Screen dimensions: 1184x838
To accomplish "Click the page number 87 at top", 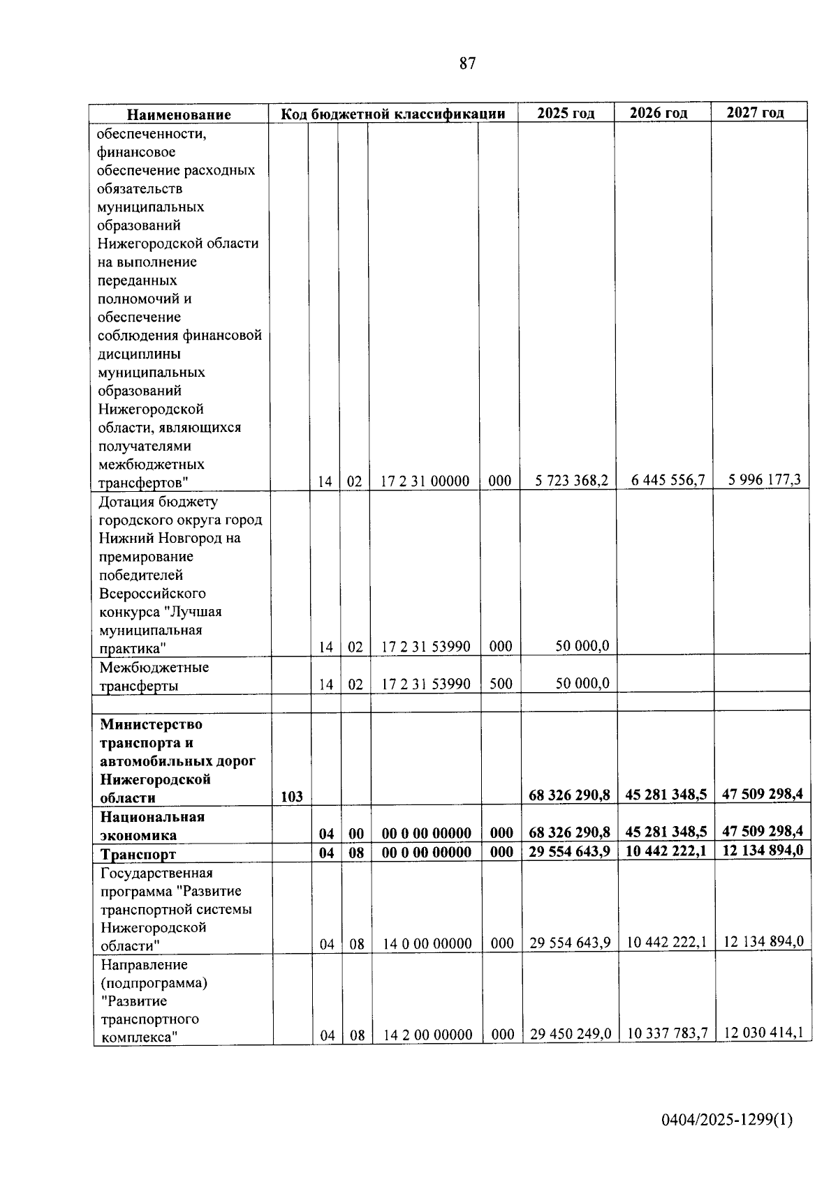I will click(468, 63).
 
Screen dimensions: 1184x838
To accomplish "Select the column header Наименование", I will click(179, 114).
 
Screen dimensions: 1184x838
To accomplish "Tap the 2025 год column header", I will click(566, 113).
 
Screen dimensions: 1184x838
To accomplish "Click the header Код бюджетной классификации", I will click(393, 114).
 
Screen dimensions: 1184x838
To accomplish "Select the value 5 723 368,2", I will click(572, 480).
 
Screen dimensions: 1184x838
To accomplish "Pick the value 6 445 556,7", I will click(668, 479).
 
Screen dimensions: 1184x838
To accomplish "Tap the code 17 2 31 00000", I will click(425, 481).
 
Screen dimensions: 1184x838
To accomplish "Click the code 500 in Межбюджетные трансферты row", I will click(501, 684).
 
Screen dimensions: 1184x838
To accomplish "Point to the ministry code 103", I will click(292, 797).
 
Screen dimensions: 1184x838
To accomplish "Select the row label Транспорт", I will click(138, 854).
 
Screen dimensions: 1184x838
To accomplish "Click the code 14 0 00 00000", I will click(427, 944).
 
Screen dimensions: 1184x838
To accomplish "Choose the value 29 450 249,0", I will click(571, 1033).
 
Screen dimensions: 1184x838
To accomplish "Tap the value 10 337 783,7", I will click(668, 1033).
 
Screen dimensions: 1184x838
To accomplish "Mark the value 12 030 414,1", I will click(763, 1033).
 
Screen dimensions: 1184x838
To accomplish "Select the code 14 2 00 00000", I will click(428, 1035).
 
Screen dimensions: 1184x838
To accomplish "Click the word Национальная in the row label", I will click(152, 817).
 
